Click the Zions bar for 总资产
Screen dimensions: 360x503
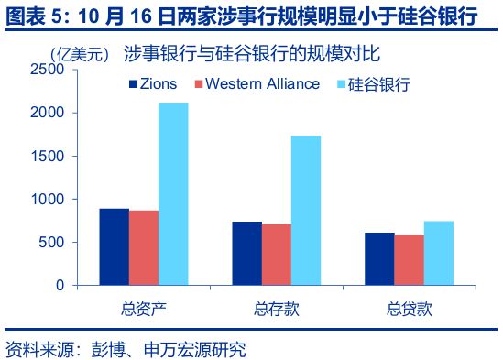(x=114, y=246)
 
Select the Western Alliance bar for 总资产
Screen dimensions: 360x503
(x=144, y=247)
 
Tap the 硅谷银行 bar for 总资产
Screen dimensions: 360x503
(x=173, y=193)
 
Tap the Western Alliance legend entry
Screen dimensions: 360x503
(x=256, y=84)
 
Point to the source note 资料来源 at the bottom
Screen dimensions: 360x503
(x=126, y=349)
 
